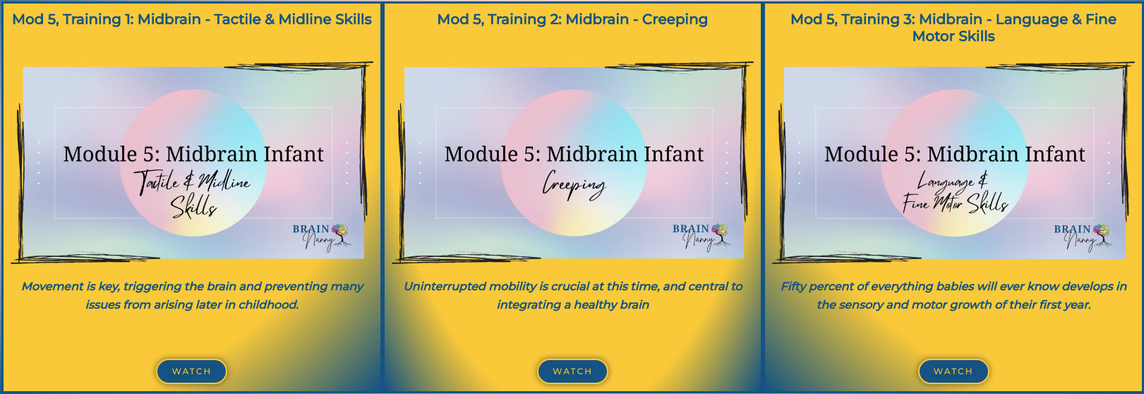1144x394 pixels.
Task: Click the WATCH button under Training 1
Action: tap(191, 371)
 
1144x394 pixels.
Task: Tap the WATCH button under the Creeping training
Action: tap(572, 371)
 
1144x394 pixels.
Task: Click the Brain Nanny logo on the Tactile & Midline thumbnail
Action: tap(320, 237)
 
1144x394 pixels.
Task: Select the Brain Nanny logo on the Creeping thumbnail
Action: tap(702, 237)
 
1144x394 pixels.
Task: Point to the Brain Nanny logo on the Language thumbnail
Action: tap(1083, 237)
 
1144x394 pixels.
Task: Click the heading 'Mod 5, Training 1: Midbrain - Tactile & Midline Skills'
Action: tap(191, 20)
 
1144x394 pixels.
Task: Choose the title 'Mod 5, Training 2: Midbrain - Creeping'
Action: tap(572, 20)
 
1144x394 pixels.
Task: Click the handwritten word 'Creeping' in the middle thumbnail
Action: tap(574, 186)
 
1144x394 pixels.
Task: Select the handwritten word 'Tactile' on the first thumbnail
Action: tap(156, 182)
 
